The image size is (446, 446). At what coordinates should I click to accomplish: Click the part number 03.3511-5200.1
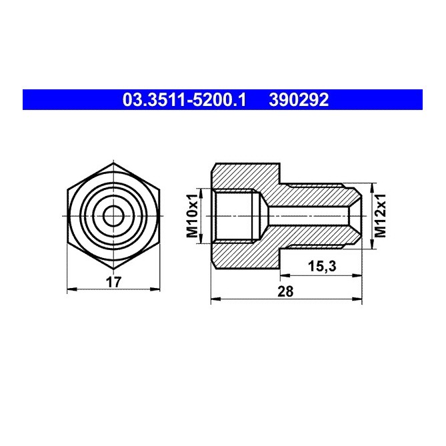coord(185,101)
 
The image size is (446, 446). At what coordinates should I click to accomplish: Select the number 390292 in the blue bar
coord(298,101)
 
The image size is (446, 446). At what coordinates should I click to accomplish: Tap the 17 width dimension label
coord(114,281)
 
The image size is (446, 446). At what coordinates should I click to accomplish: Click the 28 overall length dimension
coord(287,291)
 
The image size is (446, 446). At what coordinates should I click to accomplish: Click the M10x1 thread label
coord(192,216)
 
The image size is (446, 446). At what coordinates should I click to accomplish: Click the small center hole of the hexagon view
coord(114,216)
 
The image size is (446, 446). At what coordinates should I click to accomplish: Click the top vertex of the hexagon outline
coord(114,163)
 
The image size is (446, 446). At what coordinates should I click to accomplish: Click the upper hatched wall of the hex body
coord(247,176)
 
